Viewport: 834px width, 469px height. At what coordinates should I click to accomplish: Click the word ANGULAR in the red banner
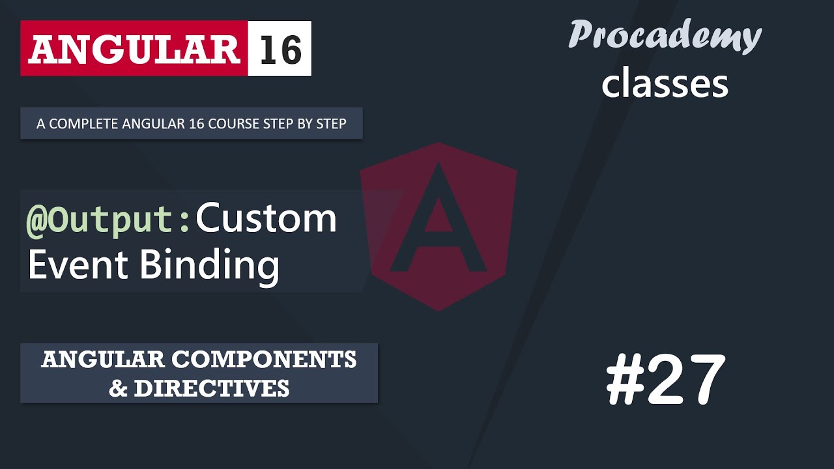[x=134, y=49]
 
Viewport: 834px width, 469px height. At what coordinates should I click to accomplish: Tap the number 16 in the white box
[x=280, y=49]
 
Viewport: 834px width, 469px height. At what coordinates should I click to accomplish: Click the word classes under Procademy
[x=665, y=84]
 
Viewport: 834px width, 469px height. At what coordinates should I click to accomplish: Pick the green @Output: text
[x=108, y=219]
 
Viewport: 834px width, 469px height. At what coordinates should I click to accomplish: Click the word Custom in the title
[x=266, y=219]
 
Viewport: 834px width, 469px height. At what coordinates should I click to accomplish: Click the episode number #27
[x=665, y=380]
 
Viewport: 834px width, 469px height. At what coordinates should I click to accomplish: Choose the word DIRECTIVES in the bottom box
[x=211, y=388]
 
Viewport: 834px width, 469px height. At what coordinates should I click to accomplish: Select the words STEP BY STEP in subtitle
[x=310, y=123]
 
